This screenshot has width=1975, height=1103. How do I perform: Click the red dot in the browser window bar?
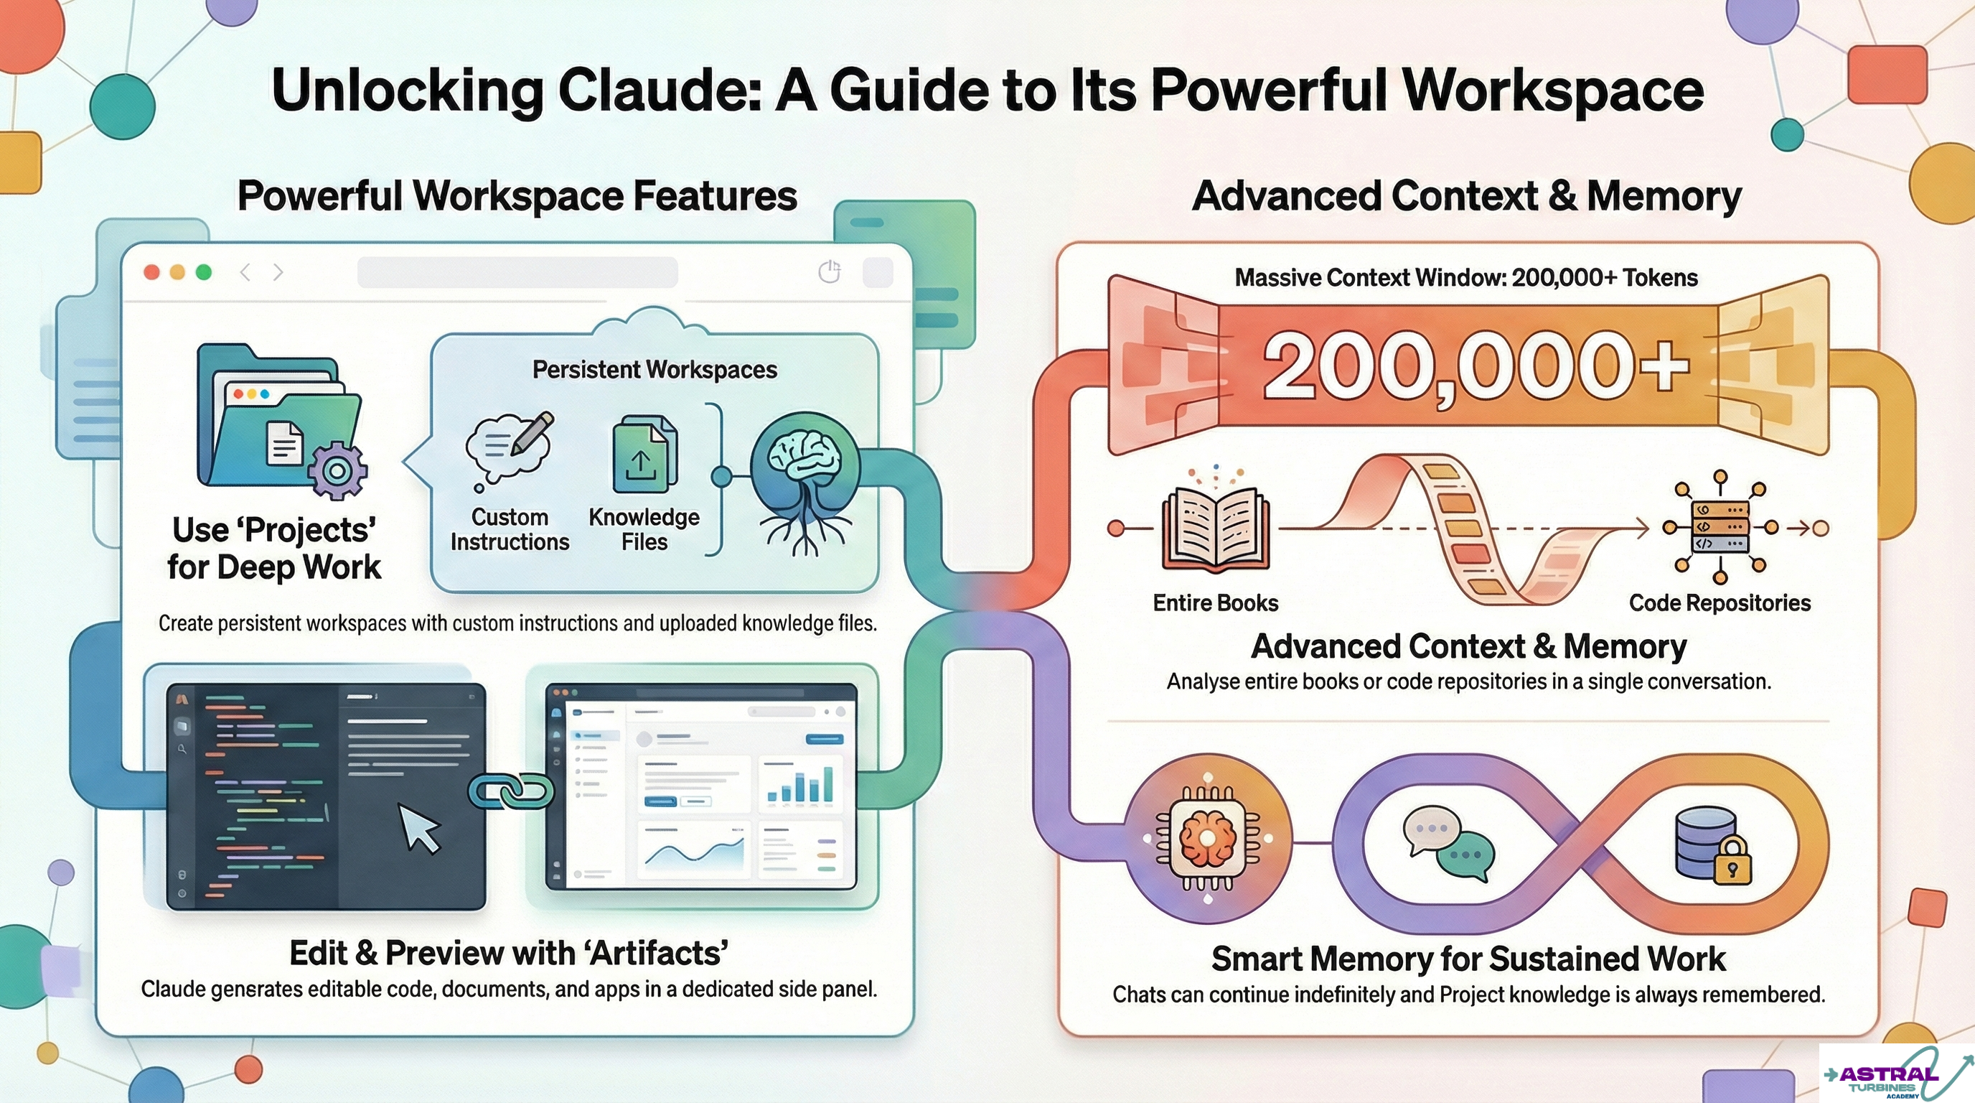(x=152, y=272)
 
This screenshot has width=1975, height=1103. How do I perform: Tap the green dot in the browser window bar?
(x=203, y=272)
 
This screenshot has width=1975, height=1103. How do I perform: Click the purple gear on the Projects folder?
(x=337, y=470)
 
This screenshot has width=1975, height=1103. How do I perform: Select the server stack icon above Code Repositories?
(x=1720, y=527)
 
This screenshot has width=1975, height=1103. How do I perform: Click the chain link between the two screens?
(x=511, y=791)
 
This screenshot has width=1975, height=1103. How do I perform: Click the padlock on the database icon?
(x=1731, y=860)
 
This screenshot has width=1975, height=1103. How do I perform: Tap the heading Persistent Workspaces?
(x=655, y=370)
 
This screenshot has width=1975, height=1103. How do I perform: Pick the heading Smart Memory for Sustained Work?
(x=1468, y=959)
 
